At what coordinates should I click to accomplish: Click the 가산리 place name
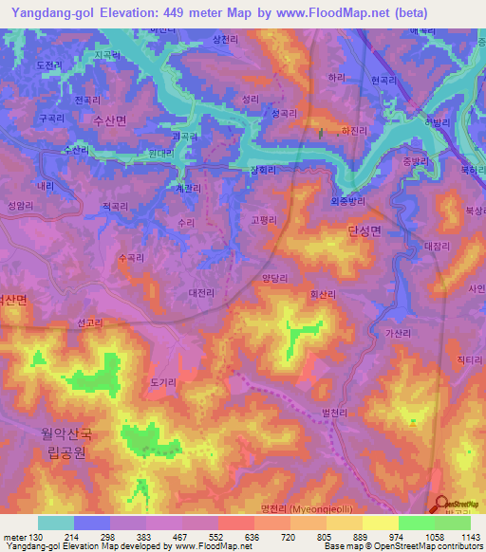[400, 333]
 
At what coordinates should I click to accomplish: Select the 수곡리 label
[130, 257]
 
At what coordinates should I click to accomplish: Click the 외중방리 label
[348, 200]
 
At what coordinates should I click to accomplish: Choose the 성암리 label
[19, 205]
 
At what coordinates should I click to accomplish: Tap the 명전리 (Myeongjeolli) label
[306, 509]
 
